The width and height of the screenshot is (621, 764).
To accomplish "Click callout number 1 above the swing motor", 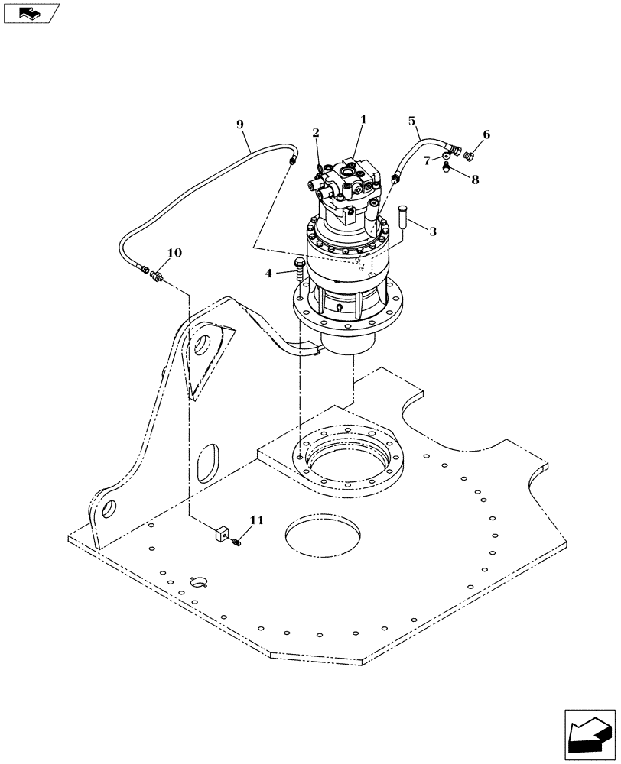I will pos(363,119).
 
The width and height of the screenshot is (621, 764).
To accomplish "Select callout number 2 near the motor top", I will pos(316,132).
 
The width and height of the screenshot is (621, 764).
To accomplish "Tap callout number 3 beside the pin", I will pos(433,231).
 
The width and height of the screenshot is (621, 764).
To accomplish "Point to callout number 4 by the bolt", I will pos(268,272).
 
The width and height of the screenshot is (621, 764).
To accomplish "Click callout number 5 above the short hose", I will pos(412,121).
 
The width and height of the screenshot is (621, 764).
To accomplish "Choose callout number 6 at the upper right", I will pos(486,135).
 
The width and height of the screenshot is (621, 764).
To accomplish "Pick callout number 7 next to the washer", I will pos(428,160).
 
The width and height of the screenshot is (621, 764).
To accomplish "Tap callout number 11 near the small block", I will pos(256,520).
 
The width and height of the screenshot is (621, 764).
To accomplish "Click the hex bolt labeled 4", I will pos(299,269).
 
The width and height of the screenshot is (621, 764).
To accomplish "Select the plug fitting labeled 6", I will pos(470,157).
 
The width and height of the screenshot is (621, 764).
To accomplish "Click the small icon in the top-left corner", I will pos(30,12).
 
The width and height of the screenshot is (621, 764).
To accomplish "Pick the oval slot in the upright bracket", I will pos(208,464).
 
